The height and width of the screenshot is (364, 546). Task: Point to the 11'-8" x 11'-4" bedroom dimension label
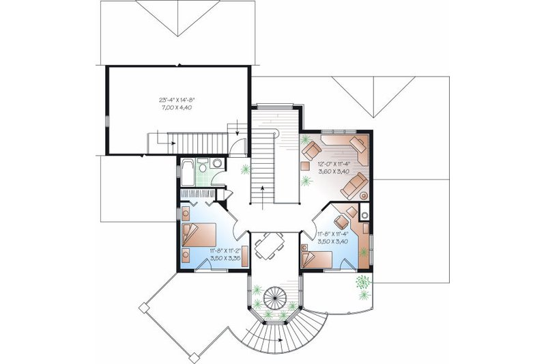pos(334,236)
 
